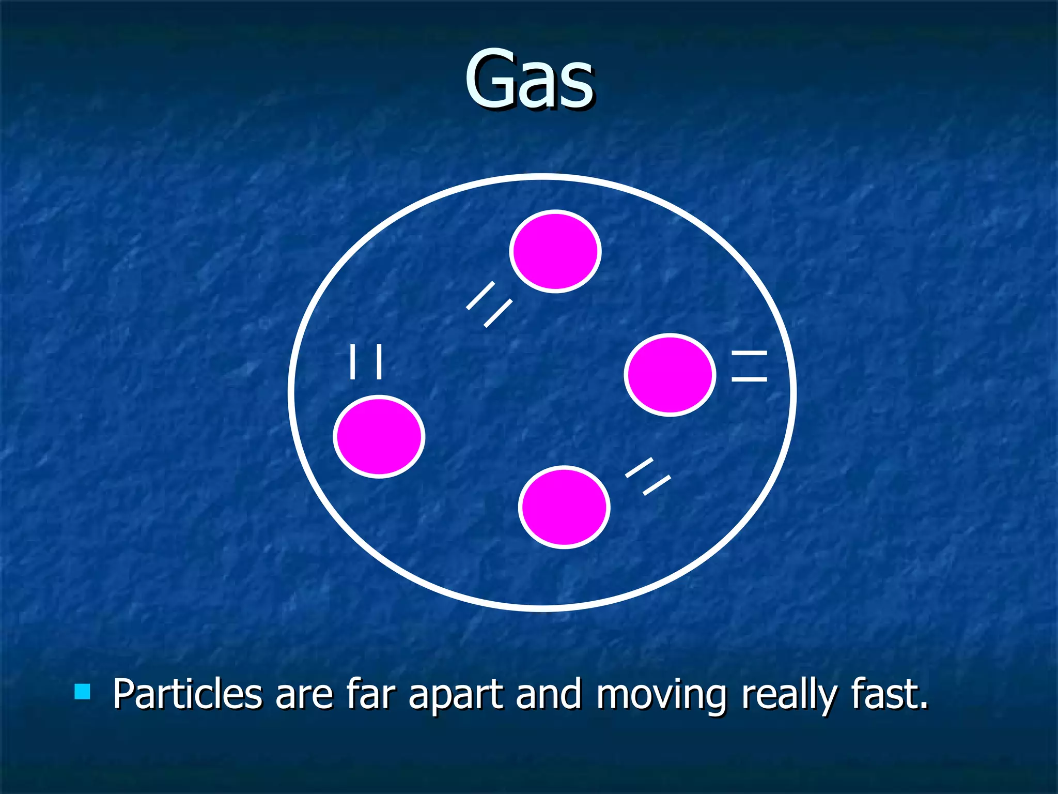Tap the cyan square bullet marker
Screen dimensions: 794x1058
pos(82,691)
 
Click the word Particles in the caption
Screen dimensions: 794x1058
pos(187,694)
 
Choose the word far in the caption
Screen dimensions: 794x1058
pos(371,694)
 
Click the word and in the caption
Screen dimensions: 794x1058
pos(549,694)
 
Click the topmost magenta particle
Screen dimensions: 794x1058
pos(555,251)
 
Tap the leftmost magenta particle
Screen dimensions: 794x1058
pos(379,436)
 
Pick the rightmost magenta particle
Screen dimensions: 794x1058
pos(670,375)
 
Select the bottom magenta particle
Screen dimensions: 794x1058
pos(564,507)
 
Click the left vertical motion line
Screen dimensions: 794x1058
pos(352,362)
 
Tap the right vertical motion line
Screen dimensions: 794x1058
pos(379,362)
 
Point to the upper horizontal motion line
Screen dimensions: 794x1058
pos(749,353)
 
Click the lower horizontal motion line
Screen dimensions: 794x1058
pos(749,379)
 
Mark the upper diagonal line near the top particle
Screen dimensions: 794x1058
pos(480,296)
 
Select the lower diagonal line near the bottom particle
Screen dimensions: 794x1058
pos(657,485)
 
